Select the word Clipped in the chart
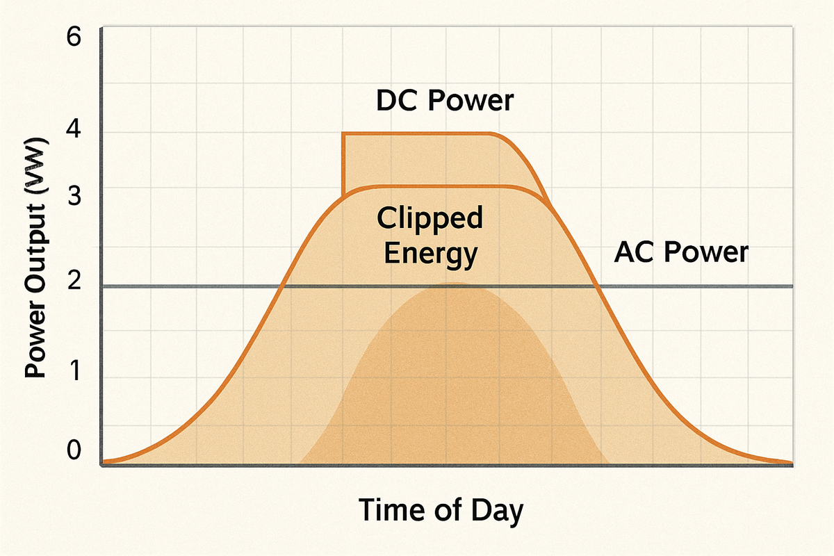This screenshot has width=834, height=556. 430,219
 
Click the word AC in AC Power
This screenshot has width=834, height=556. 634,252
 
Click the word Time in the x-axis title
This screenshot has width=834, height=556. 392,510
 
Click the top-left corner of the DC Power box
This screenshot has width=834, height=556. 343,133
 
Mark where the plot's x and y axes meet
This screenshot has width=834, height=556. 103,464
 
